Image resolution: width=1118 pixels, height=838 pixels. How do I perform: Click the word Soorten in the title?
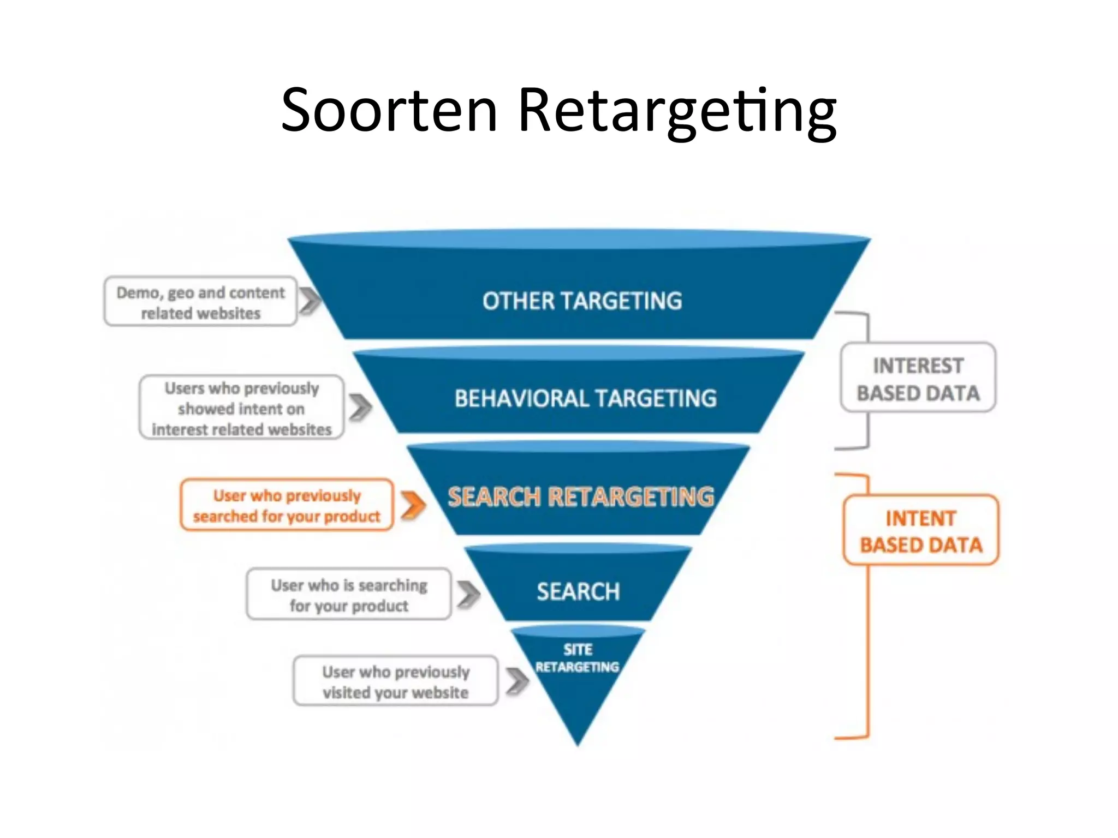(x=389, y=111)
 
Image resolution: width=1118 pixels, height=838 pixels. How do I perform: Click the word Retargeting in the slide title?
(x=677, y=112)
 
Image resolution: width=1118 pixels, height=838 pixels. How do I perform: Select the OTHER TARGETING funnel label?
(x=582, y=301)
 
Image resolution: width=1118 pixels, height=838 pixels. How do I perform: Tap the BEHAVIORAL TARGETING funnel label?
(x=585, y=399)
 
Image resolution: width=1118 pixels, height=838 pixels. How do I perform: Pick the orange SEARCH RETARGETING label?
(x=581, y=496)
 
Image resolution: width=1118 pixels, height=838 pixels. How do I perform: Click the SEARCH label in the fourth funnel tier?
(x=578, y=592)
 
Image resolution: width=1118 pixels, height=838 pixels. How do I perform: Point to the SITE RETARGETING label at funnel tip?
(x=578, y=659)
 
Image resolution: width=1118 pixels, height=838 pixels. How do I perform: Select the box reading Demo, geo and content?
(x=200, y=302)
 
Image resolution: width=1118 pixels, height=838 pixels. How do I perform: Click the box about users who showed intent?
(x=242, y=408)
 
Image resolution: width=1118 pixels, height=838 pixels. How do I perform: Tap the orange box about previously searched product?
(x=287, y=505)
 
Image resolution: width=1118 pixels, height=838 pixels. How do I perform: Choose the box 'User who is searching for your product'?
(x=349, y=595)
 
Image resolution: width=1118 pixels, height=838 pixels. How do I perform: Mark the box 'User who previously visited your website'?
(x=395, y=681)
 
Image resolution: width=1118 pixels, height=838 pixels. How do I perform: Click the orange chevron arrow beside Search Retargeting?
(x=413, y=505)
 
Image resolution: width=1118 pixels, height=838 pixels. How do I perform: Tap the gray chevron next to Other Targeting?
(x=310, y=301)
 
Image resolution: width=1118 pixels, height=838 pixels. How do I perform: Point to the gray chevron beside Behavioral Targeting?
(x=360, y=408)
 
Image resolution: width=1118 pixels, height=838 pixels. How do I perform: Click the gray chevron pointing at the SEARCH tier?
(x=468, y=594)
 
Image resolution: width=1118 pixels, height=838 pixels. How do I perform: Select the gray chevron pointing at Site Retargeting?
(x=517, y=681)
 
